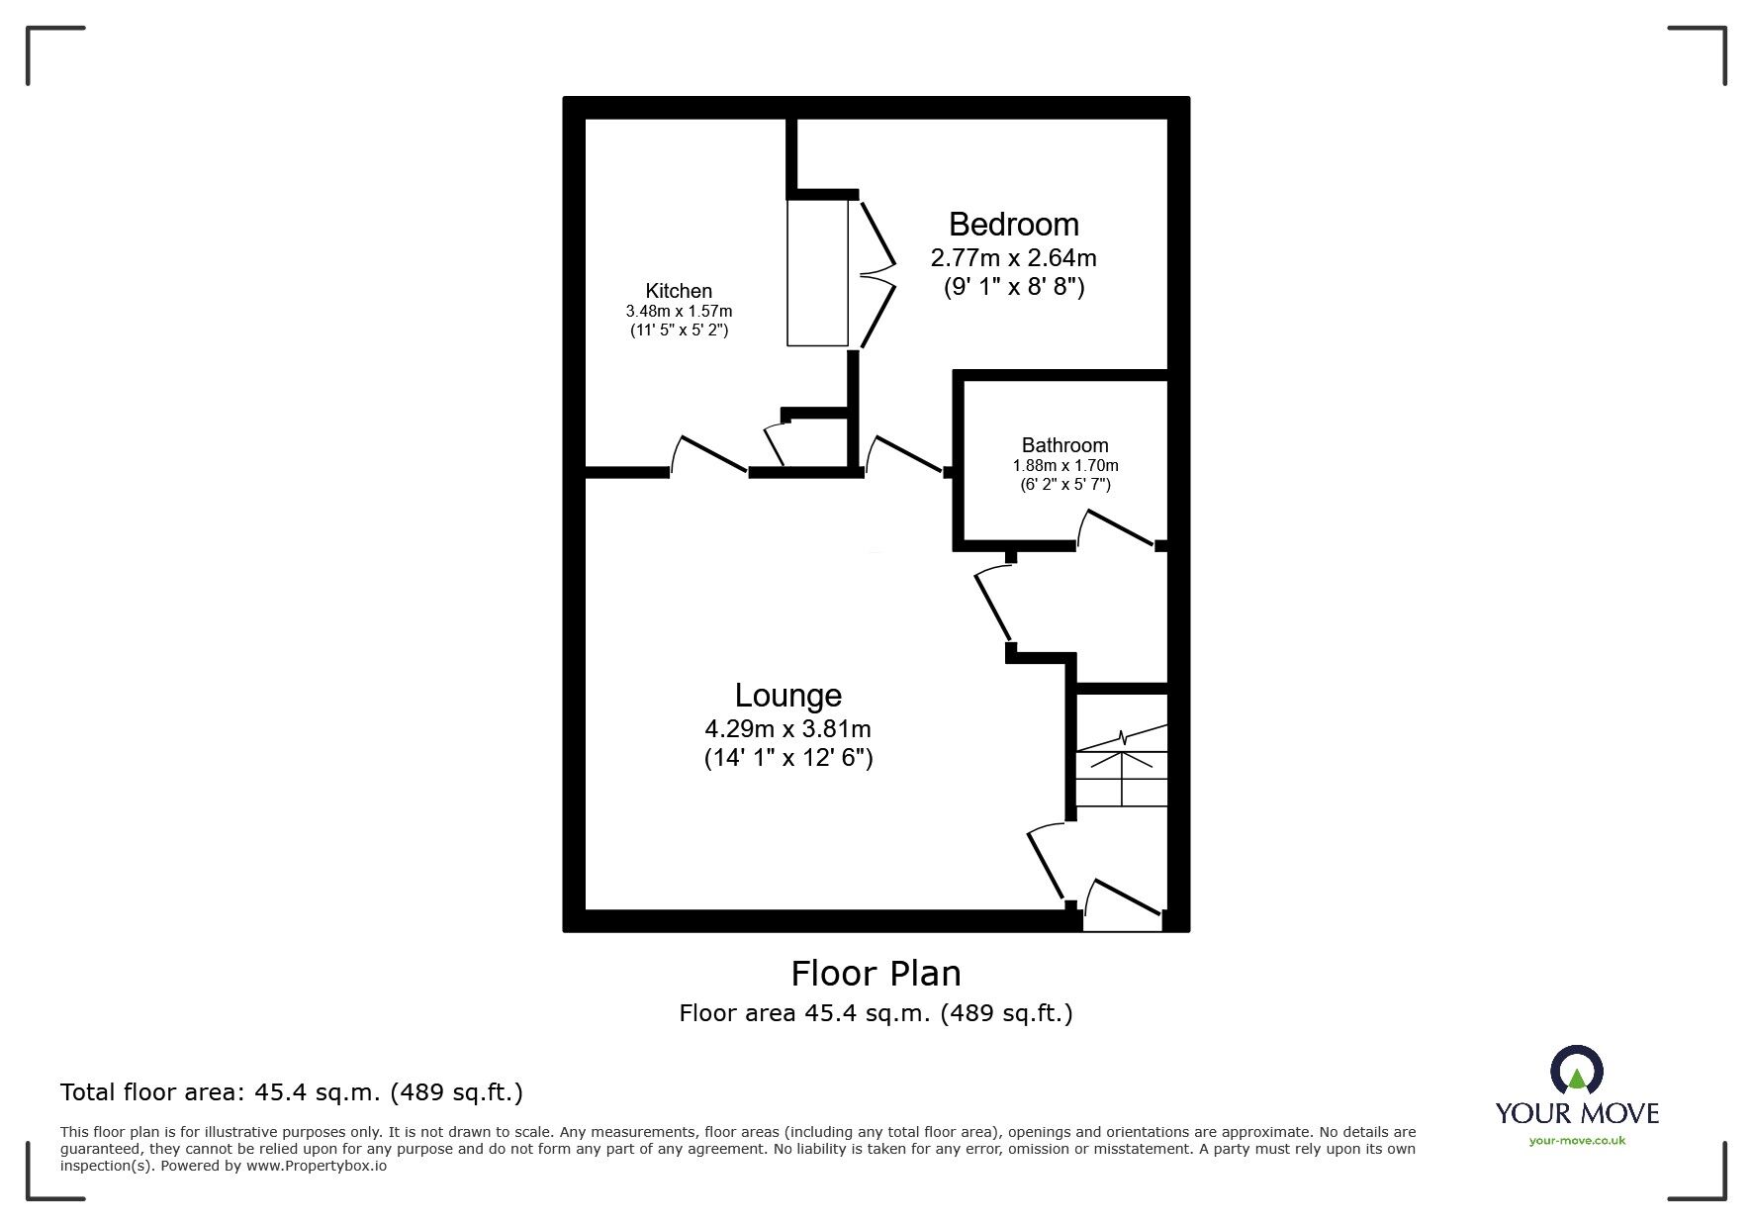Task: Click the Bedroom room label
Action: coord(1013,225)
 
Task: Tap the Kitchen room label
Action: coord(679,291)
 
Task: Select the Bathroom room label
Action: coord(1064,445)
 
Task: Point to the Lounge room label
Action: coord(787,696)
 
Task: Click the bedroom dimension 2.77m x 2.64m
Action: coord(1013,258)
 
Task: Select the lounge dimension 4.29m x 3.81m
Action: coord(787,729)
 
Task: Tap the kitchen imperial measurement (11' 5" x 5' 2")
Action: coord(679,330)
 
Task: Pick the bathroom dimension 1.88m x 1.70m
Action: coord(1064,465)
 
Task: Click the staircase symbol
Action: coord(1122,767)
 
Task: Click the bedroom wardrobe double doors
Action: coord(876,273)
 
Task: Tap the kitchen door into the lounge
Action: coord(708,455)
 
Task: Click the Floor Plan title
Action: coord(876,974)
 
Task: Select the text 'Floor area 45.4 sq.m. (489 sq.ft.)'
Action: coord(876,1013)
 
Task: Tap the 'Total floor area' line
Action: coord(292,1092)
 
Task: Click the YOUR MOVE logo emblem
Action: coord(1576,1072)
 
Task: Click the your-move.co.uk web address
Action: coord(1577,1141)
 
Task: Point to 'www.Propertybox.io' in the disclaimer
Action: coord(317,1166)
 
